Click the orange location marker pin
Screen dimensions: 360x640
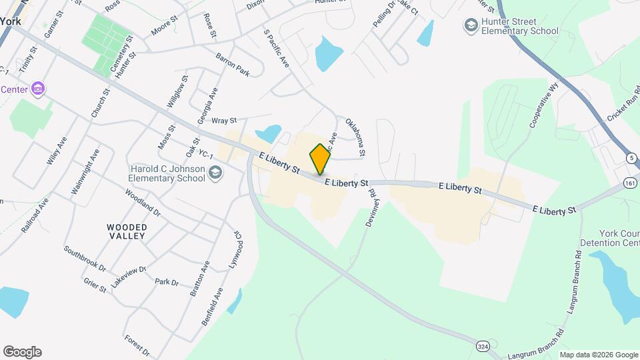coord(320,159)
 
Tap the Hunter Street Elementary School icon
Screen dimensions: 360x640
coord(471,25)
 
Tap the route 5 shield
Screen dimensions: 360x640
coord(630,158)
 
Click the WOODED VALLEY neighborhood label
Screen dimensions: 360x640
coord(127,231)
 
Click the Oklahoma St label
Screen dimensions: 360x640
coord(355,137)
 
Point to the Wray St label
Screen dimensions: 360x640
coord(224,121)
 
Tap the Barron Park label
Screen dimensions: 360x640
coord(233,65)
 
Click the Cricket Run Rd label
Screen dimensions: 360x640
coord(623,103)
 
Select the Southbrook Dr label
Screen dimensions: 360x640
coord(85,259)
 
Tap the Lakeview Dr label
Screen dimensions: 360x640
coord(127,275)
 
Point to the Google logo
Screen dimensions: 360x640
coord(22,352)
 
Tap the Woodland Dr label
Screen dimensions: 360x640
coord(143,202)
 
